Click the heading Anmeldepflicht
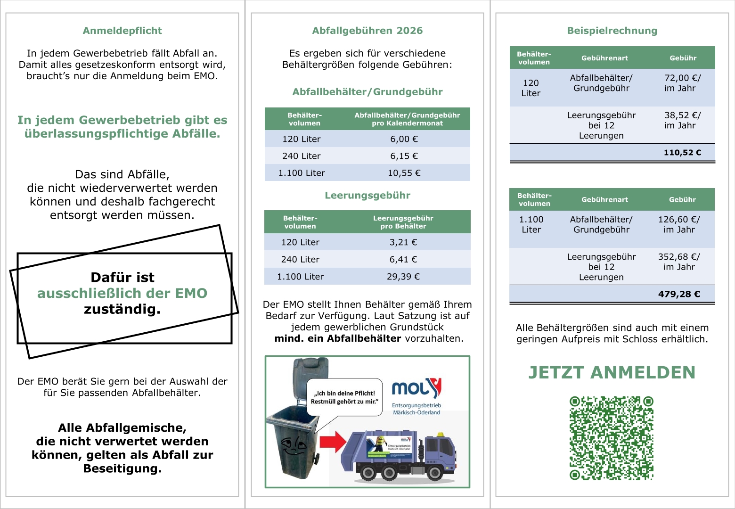click(x=122, y=31)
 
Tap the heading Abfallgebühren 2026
click(x=367, y=31)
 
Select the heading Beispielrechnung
click(x=612, y=31)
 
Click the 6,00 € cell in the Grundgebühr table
click(x=404, y=139)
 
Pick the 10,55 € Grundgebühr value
click(x=404, y=173)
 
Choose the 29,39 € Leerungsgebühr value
click(x=403, y=277)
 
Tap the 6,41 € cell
click(x=403, y=259)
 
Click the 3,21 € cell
click(x=403, y=242)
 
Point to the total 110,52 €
click(x=682, y=152)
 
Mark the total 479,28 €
click(x=679, y=294)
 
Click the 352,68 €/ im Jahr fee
click(x=679, y=262)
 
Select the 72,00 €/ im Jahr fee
click(x=682, y=83)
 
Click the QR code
click(x=612, y=438)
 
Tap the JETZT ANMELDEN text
click(x=612, y=372)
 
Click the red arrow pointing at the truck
click(x=333, y=442)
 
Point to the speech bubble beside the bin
click(x=344, y=397)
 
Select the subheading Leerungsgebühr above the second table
click(x=367, y=196)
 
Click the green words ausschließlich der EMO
click(x=122, y=293)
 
